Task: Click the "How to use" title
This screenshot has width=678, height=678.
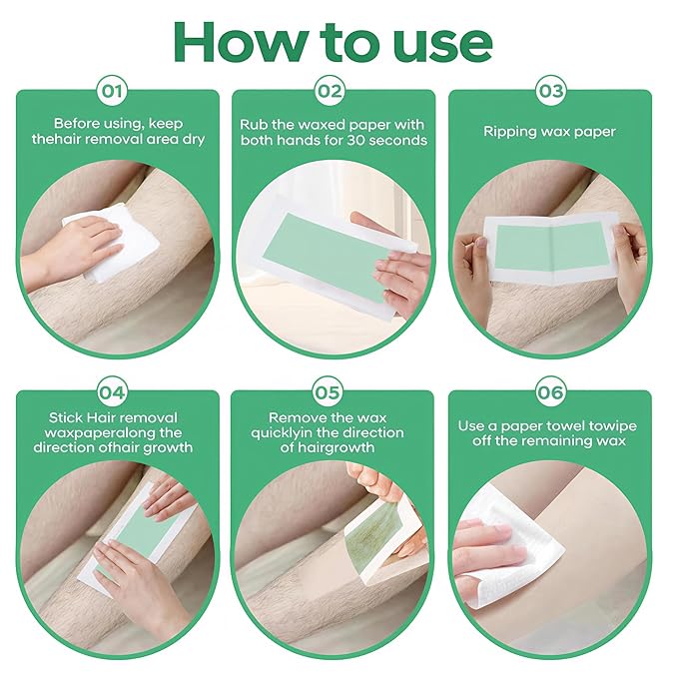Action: click(333, 42)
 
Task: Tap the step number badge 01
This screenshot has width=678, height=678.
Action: click(114, 92)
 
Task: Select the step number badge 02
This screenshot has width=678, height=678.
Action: click(331, 92)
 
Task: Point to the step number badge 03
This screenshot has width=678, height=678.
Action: click(550, 92)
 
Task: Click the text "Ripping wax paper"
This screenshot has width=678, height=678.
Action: click(549, 131)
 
